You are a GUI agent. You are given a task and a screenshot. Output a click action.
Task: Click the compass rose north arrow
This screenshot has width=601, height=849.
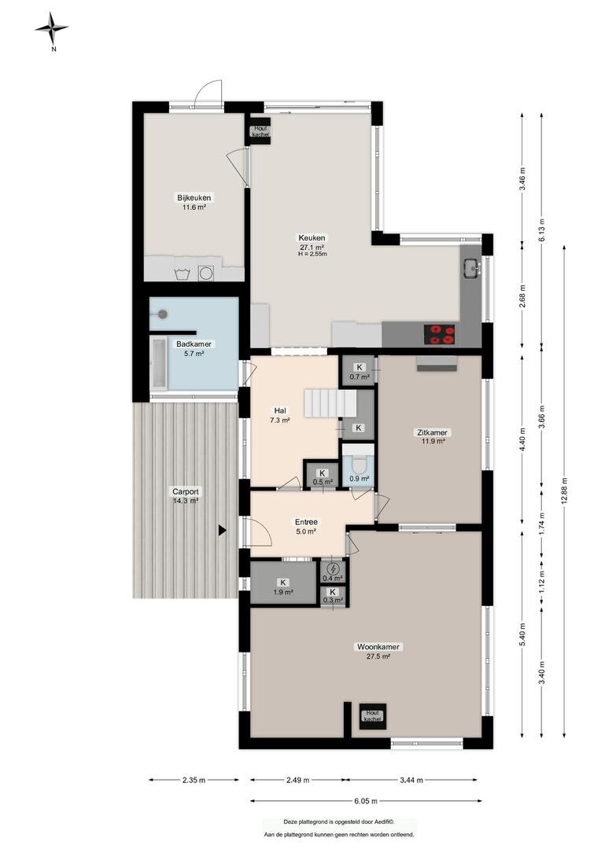(52, 28)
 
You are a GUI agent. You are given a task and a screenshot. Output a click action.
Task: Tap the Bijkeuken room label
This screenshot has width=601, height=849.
(194, 201)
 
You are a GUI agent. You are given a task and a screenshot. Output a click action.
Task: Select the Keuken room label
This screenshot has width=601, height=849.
(312, 244)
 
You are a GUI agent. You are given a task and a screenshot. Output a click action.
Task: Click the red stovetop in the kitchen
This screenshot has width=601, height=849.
(440, 334)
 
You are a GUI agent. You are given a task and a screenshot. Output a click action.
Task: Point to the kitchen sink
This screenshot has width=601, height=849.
(471, 267)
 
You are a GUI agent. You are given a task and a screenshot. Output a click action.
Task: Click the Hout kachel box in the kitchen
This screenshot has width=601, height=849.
(260, 130)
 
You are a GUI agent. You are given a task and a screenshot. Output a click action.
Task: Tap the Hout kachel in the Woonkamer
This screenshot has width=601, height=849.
(372, 716)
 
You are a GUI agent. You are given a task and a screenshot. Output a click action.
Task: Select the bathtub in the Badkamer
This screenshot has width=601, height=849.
(159, 362)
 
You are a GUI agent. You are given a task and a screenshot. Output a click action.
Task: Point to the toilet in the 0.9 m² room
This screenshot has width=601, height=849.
(359, 465)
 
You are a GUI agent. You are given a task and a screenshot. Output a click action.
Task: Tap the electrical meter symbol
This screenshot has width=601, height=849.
(334, 568)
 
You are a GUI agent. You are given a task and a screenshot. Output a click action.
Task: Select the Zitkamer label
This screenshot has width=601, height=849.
(432, 436)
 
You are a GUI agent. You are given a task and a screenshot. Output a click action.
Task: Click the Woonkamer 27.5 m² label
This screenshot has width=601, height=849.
(378, 652)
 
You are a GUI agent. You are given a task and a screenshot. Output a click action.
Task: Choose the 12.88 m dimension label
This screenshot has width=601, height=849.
(566, 491)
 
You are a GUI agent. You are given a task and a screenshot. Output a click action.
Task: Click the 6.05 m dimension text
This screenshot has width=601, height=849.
(367, 801)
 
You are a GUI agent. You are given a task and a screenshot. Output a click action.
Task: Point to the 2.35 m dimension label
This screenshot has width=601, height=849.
(194, 781)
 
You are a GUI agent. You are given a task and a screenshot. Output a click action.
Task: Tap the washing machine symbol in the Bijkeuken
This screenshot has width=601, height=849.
(206, 273)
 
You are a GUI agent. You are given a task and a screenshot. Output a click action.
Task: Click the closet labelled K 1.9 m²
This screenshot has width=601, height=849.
(283, 583)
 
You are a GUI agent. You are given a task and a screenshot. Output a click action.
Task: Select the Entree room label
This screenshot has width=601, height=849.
(306, 527)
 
